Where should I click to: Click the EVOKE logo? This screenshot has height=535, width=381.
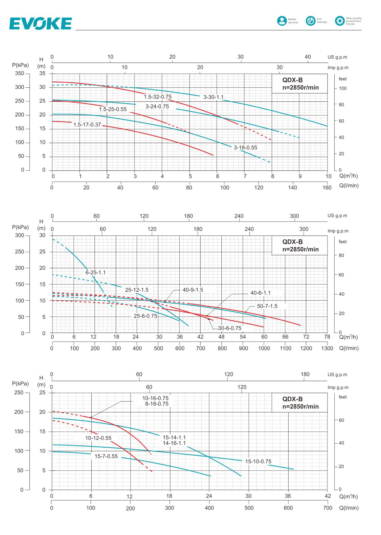pos(40,23)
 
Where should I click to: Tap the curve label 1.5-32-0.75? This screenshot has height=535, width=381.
pos(158,97)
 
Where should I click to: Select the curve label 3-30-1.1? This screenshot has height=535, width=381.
pos(214,97)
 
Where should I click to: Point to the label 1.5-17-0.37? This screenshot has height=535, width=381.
pos(87,125)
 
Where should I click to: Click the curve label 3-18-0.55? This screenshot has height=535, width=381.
pos(245,147)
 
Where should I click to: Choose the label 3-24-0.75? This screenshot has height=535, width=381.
pos(157,106)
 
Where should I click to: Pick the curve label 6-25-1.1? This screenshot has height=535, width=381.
pos(96,273)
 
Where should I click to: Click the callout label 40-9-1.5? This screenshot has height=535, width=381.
pos(193,290)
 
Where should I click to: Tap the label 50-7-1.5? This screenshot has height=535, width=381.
pos(267,306)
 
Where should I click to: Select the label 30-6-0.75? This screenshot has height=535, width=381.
pos(230,328)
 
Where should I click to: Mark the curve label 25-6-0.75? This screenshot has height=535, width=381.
pos(145,316)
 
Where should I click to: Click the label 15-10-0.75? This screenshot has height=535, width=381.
pos(258,461)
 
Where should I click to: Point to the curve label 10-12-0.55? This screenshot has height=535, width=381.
pos(98,438)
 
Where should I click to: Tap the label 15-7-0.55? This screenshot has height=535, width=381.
pos(106,456)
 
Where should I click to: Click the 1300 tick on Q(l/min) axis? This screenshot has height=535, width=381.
pos(327,348)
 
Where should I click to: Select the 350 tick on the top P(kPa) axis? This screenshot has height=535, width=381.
pos(19,73)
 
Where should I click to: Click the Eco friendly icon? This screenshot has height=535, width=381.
pos(311,21)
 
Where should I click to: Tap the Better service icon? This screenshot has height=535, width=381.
pos(282,21)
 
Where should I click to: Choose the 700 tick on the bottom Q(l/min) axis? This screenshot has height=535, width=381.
pos(327,508)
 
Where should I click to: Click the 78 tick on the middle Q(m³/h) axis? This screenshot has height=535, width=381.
pos(327,337)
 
